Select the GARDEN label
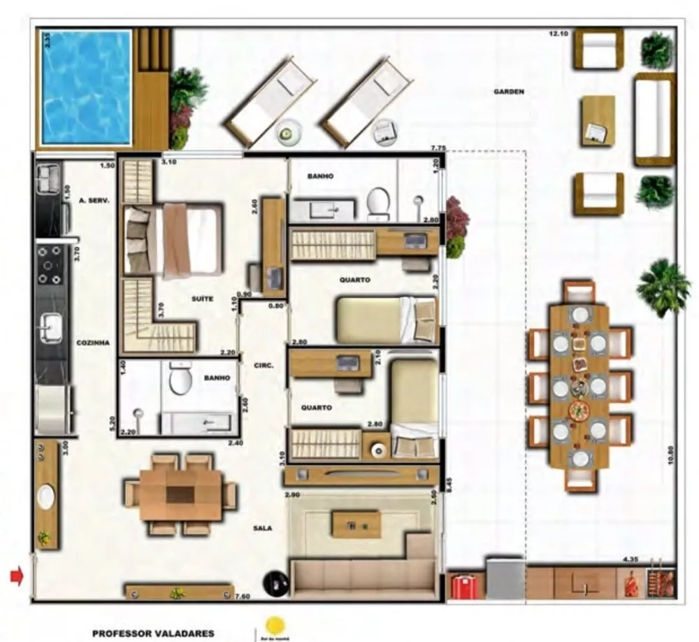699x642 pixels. click(x=509, y=92)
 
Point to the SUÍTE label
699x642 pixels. click(x=202, y=299)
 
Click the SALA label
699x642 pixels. click(x=262, y=528)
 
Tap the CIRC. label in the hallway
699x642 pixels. click(x=264, y=365)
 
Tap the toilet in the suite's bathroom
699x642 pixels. click(x=180, y=378)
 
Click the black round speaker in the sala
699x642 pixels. click(x=276, y=583)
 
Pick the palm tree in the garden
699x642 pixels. click(x=663, y=286)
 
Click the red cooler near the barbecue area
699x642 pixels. click(x=463, y=586)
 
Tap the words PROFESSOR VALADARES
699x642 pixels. click(x=153, y=634)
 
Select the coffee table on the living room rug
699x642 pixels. click(x=356, y=524)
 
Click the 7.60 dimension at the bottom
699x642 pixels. click(x=243, y=596)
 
